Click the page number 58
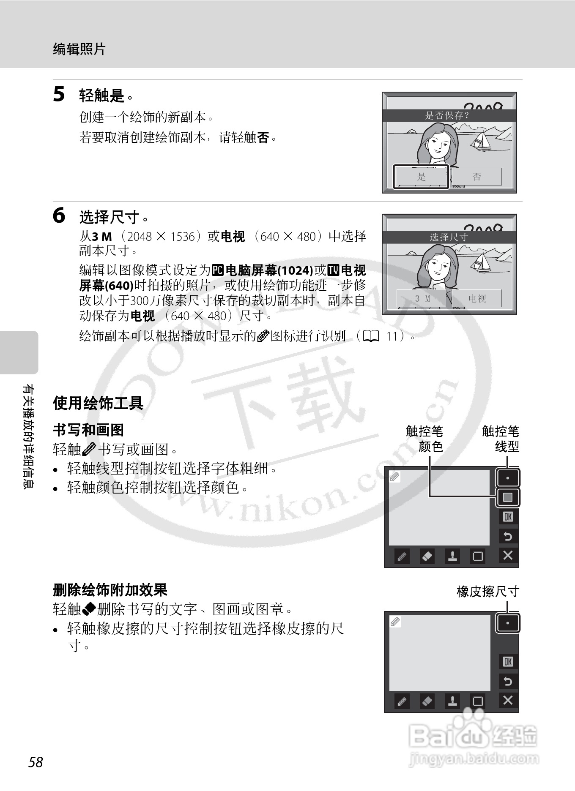point(36,762)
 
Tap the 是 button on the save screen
point(421,177)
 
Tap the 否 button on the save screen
point(476,177)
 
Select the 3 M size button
point(422,298)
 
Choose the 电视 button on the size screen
point(477,298)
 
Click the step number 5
point(59,94)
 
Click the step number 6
point(59,216)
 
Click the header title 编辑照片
point(79,49)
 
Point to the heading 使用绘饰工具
point(98,403)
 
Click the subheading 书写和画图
point(88,430)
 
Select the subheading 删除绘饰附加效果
point(110,589)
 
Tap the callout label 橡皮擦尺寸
point(487,591)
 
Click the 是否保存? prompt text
point(447,115)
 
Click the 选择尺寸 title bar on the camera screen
point(449,237)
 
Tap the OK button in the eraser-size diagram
point(508,662)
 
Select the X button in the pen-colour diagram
point(508,555)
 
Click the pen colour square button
point(508,497)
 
